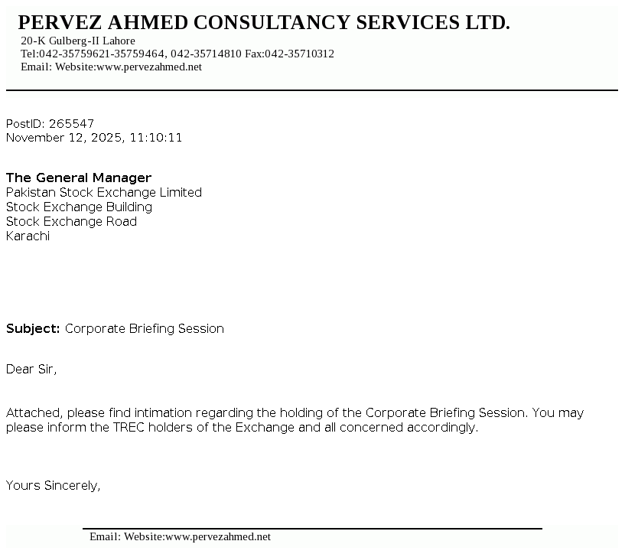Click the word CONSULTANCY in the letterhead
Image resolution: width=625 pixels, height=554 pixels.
pos(272,23)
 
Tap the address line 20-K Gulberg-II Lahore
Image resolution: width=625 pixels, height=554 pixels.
pos(78,41)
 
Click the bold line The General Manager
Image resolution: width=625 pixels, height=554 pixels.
pos(79,178)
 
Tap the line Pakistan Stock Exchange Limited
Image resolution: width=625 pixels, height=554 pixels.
pos(104,192)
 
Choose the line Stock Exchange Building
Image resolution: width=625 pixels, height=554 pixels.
pos(80,207)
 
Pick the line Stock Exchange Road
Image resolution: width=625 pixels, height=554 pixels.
pos(72,221)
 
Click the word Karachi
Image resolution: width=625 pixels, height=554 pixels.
pos(28,236)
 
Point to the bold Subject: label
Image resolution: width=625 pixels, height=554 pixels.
pos(33,328)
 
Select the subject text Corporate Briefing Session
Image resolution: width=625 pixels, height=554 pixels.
pos(145,328)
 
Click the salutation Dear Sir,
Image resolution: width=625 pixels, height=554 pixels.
pos(31,369)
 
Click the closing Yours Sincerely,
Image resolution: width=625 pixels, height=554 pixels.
pos(54,485)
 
